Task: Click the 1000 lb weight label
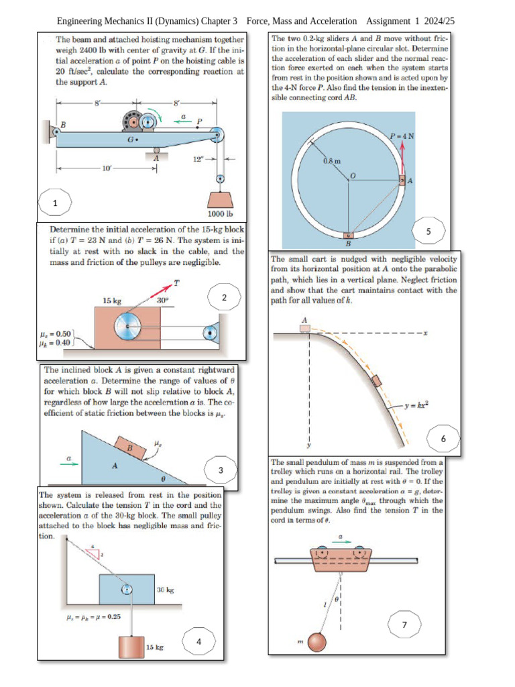(x=220, y=214)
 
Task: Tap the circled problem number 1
(x=55, y=203)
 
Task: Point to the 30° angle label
(x=163, y=301)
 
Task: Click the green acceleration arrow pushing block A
(x=70, y=463)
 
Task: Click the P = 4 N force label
(x=402, y=136)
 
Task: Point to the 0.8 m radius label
(x=332, y=162)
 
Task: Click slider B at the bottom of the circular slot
(x=348, y=235)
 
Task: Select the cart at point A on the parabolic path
(x=305, y=327)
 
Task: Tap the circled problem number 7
(x=404, y=625)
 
